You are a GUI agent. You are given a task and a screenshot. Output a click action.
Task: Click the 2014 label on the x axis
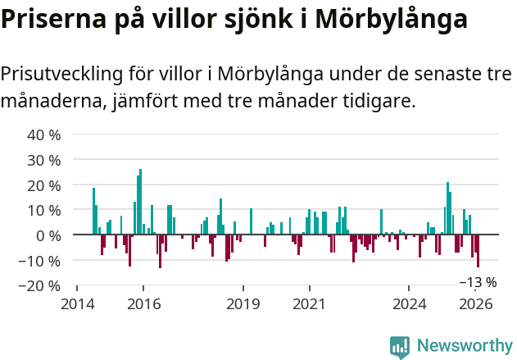tap(77, 304)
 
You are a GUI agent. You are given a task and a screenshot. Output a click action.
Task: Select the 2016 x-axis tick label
tap(143, 304)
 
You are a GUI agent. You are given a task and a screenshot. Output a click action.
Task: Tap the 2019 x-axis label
tap(243, 304)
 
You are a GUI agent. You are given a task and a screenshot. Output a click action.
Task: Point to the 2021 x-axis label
tap(310, 304)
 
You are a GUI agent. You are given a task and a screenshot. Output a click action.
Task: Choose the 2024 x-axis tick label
tap(410, 304)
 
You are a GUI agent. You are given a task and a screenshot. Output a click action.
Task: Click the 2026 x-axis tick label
tap(476, 304)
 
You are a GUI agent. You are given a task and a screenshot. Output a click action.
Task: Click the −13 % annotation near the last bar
tap(478, 282)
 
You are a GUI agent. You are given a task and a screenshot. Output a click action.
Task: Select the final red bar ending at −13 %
tap(478, 251)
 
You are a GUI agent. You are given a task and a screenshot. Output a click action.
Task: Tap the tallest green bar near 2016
tap(141, 202)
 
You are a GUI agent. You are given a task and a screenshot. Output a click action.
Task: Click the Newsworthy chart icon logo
tap(400, 347)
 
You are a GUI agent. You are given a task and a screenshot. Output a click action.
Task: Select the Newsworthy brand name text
tap(464, 347)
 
